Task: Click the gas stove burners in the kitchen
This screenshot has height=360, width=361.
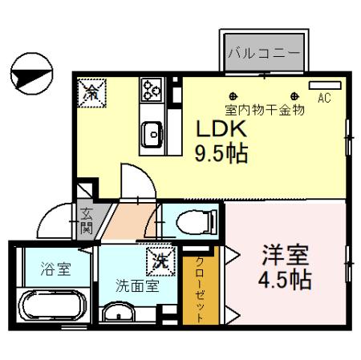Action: point(151,91)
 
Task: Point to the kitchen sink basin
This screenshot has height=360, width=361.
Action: point(151,133)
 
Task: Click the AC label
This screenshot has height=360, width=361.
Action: point(325,99)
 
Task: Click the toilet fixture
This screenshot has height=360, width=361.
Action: point(193,218)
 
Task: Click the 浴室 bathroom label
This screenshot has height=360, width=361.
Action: point(55,269)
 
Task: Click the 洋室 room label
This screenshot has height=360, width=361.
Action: point(284,258)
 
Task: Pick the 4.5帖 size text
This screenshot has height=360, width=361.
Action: point(285,281)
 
